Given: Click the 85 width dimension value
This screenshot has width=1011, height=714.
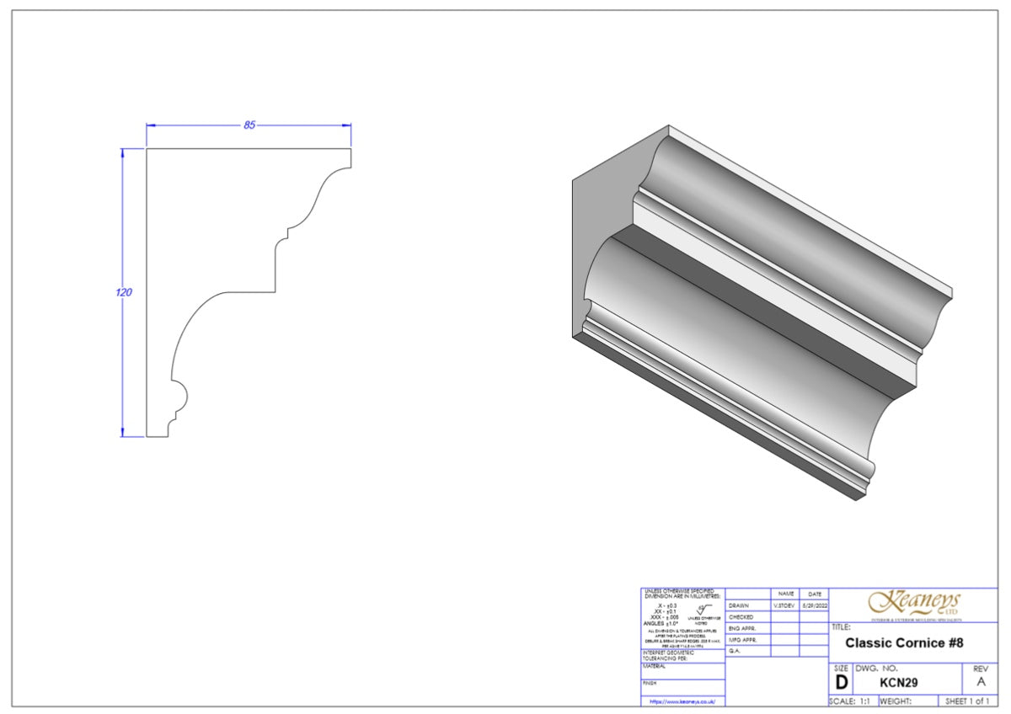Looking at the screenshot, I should click(x=249, y=125).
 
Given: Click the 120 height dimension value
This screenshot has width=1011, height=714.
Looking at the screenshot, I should click(x=124, y=292).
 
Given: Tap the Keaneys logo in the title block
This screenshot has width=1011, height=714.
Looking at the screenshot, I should click(x=914, y=603).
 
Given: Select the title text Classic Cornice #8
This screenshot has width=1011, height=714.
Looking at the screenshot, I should click(x=904, y=643).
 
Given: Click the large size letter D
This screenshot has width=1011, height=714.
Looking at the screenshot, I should click(x=841, y=682).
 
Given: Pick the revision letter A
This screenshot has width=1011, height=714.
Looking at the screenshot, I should click(x=979, y=682).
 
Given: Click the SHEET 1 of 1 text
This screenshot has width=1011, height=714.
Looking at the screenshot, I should click(x=968, y=701).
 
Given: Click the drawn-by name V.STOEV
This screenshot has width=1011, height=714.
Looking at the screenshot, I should click(x=784, y=605).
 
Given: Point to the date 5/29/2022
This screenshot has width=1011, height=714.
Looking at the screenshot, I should click(x=814, y=605).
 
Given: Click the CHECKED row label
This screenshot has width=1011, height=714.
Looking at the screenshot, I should click(x=741, y=617).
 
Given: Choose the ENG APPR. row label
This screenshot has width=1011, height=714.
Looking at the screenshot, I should click(x=742, y=628).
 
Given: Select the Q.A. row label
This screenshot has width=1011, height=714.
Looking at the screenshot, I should click(x=735, y=651).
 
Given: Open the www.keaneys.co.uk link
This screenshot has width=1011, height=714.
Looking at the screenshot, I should click(x=682, y=701).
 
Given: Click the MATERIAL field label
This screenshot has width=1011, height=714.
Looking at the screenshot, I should click(x=655, y=666).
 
